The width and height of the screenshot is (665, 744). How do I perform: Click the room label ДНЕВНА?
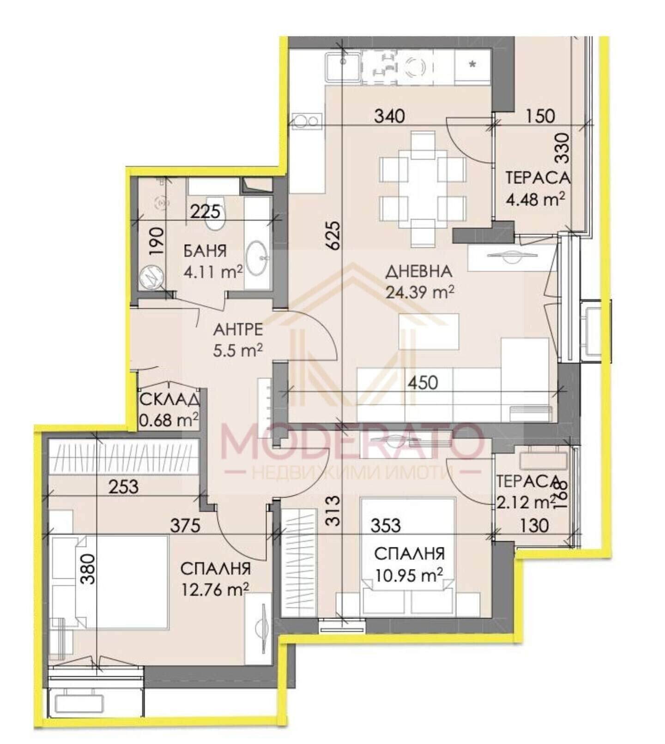point(418,271)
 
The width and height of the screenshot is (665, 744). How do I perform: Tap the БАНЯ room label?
point(206,251)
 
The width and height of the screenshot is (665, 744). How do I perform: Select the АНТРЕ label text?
point(238,330)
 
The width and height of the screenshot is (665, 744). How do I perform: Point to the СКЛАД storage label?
point(169,399)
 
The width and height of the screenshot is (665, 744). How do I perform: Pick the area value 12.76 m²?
point(215,589)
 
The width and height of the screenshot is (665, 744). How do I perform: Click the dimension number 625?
point(334,235)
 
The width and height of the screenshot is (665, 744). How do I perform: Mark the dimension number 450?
point(423,383)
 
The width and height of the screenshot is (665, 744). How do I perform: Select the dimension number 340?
point(389,115)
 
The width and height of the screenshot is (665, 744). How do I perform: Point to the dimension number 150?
point(540,115)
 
